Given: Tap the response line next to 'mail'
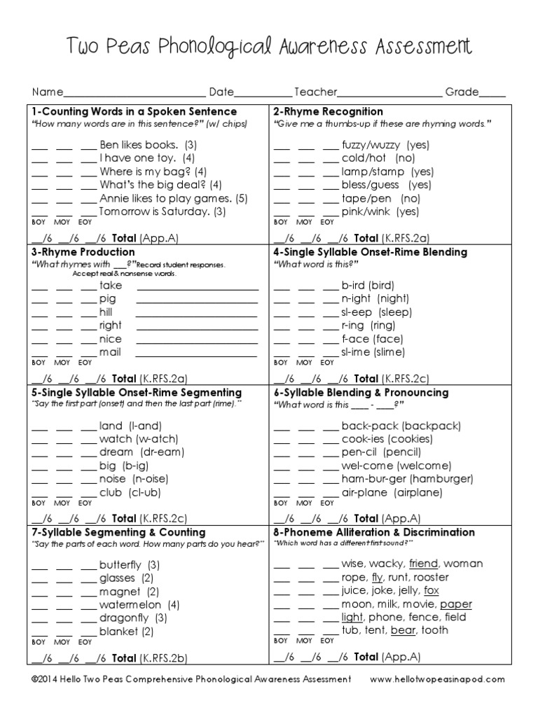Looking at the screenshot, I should click(197, 353).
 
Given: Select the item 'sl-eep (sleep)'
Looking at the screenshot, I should click(377, 312).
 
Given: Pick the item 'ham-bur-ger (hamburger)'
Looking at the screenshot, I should click(407, 479).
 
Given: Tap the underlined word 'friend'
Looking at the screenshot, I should click(423, 564).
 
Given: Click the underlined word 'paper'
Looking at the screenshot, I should click(456, 604).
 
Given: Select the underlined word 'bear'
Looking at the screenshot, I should click(403, 630).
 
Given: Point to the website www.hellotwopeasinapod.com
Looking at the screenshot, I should click(436, 679).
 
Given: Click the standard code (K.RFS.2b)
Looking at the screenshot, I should click(164, 657).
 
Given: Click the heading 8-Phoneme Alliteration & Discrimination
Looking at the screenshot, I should click(373, 532).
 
